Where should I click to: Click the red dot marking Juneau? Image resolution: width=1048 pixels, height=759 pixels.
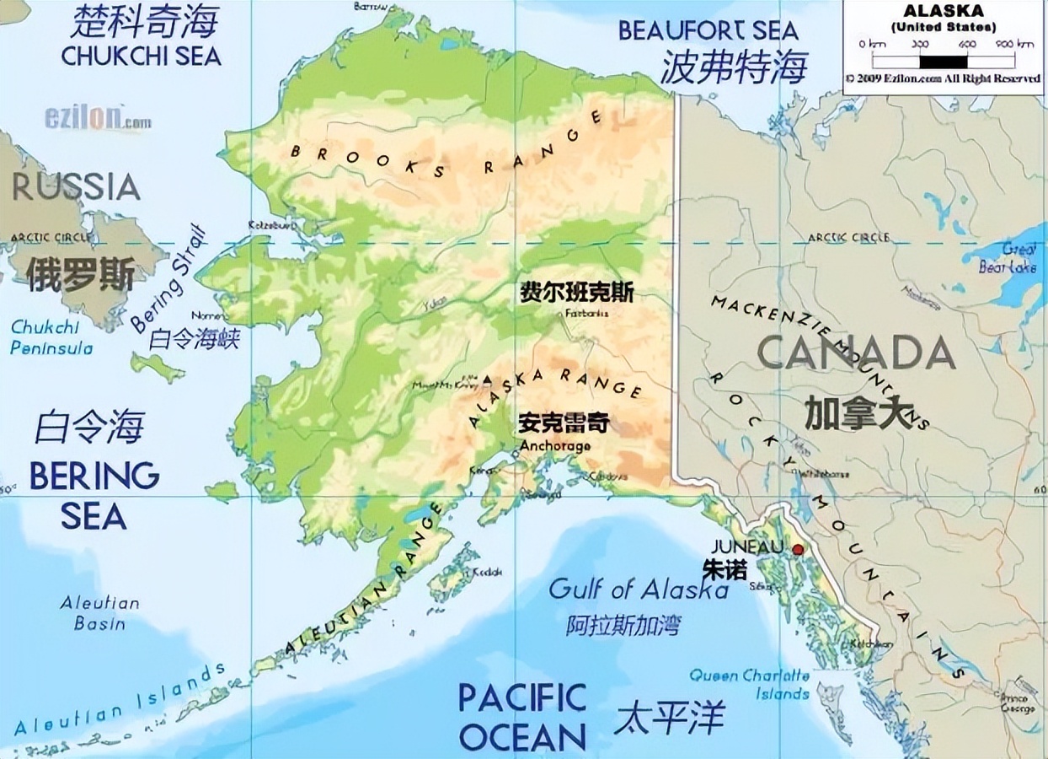coord(798,550)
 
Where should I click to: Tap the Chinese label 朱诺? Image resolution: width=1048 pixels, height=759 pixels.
coord(725,568)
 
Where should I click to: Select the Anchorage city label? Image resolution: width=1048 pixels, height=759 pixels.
coord(555,446)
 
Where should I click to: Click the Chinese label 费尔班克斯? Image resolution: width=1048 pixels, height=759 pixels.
coord(577,293)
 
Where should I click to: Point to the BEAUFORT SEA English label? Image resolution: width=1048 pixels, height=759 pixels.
coord(708,30)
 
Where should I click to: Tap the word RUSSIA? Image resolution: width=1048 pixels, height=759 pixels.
coord(76,186)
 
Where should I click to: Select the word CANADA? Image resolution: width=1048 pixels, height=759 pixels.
coord(856,353)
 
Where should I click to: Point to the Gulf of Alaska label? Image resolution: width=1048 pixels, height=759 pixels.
coord(639,588)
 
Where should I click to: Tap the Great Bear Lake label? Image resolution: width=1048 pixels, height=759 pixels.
coord(1008,258)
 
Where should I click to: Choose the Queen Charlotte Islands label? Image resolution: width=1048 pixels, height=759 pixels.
coord(750,684)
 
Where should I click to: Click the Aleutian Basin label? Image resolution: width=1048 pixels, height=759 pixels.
coord(99,613)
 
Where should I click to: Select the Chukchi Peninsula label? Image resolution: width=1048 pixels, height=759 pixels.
coord(51,336)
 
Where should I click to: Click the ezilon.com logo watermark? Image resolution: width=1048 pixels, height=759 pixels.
coord(98,118)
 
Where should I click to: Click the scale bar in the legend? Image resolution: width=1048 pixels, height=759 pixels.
coord(943,61)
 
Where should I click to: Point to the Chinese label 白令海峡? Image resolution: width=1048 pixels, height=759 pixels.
coord(195,339)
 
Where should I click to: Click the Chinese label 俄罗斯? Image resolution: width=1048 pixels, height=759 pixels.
coord(79,274)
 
